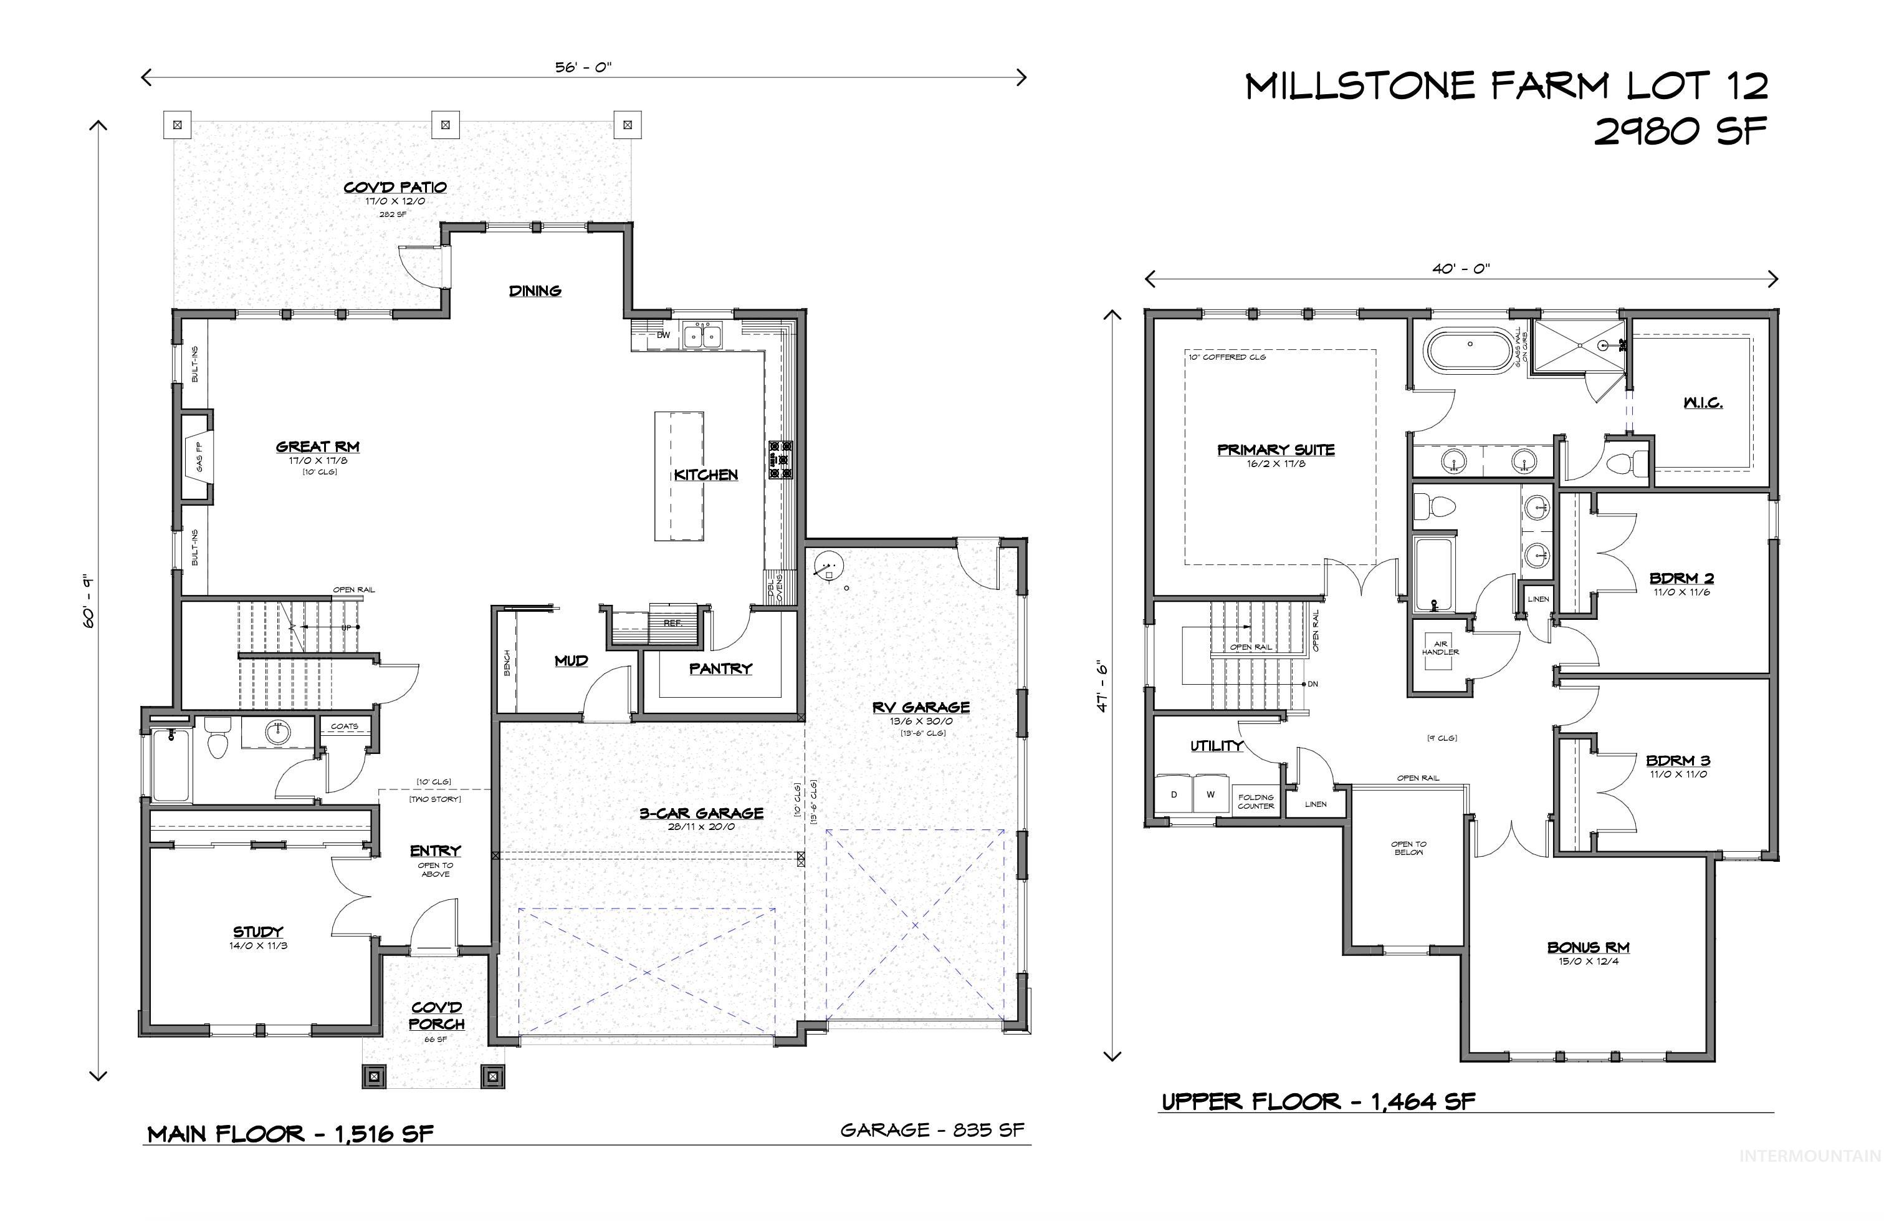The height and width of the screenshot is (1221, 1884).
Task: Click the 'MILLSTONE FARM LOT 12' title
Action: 1506,85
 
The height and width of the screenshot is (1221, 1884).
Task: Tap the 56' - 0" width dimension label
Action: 583,67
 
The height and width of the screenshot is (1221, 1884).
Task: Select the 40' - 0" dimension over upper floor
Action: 1460,268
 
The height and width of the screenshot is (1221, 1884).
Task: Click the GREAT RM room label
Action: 317,447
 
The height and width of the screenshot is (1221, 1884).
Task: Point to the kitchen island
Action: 679,476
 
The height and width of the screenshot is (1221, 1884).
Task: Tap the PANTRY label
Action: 720,669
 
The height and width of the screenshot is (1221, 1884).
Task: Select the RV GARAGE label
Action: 920,708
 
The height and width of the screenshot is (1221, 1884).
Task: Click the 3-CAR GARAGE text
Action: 701,813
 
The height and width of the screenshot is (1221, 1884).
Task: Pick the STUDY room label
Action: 257,932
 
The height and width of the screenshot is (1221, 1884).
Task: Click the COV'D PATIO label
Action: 395,188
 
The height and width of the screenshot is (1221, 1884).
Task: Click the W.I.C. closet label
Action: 1703,403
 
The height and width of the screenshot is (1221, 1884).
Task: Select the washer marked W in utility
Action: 1210,794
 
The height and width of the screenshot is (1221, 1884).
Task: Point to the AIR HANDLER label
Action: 1440,648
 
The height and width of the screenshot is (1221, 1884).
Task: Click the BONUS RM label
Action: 1588,948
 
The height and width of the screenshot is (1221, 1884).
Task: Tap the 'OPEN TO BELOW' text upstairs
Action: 1408,848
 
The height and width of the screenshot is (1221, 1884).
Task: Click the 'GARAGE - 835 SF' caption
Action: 932,1130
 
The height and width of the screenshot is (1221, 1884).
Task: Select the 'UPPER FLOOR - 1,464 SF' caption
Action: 1318,1101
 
